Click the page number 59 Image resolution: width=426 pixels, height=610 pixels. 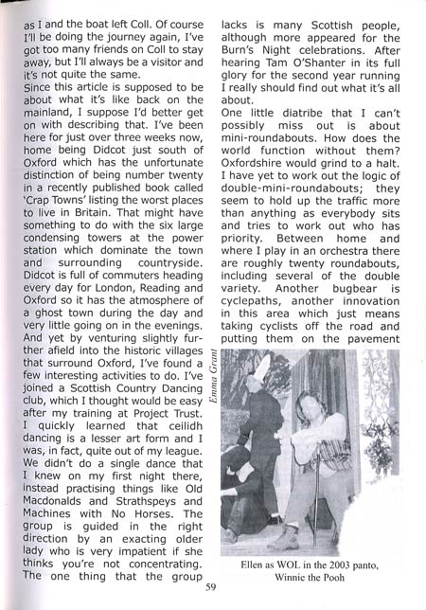point(211,585)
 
